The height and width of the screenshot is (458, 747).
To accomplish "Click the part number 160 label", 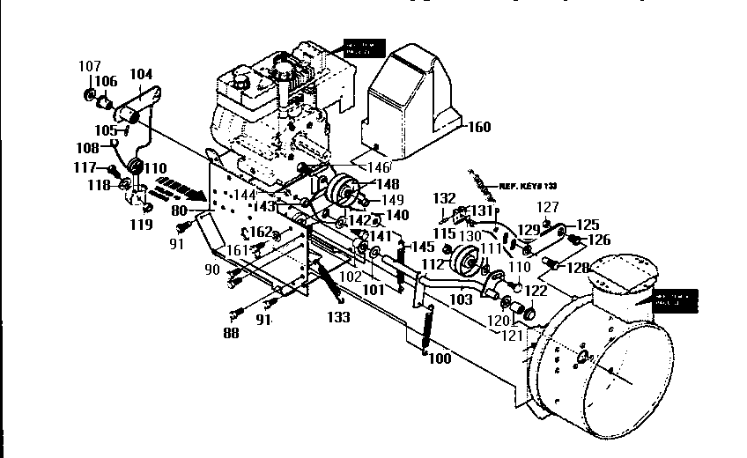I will (479, 127).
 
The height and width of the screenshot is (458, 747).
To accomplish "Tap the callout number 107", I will (89, 66).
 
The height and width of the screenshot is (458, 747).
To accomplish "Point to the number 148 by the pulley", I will (388, 184).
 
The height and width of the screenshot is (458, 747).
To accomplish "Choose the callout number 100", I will (439, 358).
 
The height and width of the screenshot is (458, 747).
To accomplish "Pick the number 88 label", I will (231, 332).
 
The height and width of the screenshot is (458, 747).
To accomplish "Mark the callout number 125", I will (587, 225).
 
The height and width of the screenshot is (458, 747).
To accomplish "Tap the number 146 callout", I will (380, 166).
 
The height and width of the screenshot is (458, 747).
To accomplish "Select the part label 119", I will (142, 224).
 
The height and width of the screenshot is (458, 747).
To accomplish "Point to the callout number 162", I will (261, 232).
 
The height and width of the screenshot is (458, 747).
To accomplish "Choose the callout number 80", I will (181, 211).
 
